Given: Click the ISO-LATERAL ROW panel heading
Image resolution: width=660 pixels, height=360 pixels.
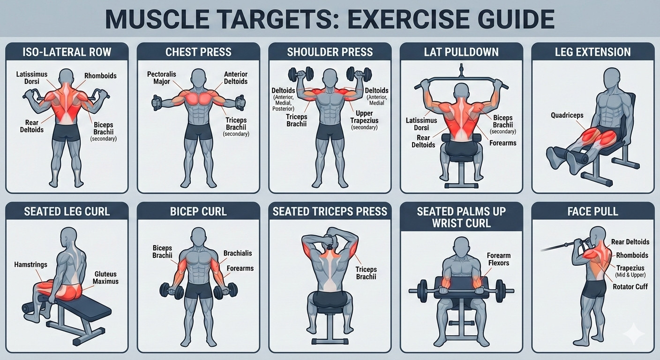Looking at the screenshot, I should click(x=67, y=52).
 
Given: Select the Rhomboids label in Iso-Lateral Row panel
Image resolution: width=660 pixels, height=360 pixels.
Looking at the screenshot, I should click(x=100, y=75).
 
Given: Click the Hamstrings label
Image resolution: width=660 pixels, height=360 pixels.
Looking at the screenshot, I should click(x=31, y=264).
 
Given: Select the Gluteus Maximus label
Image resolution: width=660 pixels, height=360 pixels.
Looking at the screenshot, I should click(x=105, y=277).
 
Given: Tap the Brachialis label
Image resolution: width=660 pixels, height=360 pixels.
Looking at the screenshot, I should click(x=237, y=253).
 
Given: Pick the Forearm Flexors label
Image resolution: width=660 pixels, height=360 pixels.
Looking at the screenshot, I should click(x=499, y=259).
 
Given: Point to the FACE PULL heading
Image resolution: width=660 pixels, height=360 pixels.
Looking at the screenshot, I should click(x=592, y=211).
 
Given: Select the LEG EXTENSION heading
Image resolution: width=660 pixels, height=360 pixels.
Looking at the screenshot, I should click(x=592, y=52).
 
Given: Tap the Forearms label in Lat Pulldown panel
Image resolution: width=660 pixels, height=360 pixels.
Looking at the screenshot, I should click(x=502, y=143).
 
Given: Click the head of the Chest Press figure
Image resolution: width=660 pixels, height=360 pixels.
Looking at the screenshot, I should click(x=199, y=77).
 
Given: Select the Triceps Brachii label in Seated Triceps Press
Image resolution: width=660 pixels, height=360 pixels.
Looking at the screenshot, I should click(x=366, y=273).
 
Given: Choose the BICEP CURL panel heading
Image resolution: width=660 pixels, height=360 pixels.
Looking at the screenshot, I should click(x=198, y=211).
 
